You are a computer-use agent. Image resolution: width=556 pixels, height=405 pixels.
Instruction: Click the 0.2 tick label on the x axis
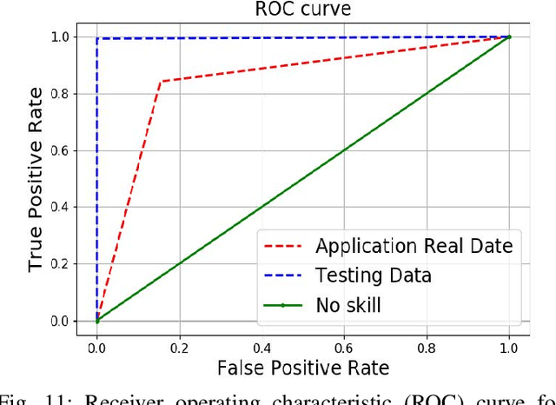click(x=179, y=347)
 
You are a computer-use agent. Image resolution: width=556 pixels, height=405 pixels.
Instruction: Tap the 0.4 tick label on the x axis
click(x=261, y=347)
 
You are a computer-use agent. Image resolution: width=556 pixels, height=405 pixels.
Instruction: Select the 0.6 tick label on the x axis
click(x=344, y=347)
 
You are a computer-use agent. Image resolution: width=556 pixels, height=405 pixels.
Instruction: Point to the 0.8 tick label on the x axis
click(x=427, y=347)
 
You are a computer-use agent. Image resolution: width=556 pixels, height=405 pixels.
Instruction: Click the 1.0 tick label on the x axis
click(x=509, y=347)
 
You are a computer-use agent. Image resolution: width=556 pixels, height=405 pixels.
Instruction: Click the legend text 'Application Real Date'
click(x=414, y=246)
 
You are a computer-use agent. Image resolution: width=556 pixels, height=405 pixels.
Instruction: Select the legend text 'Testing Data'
click(x=373, y=276)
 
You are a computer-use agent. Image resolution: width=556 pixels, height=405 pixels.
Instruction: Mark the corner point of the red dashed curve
click(x=160, y=82)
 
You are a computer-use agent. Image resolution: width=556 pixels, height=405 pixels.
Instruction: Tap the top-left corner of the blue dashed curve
click(x=97, y=39)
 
